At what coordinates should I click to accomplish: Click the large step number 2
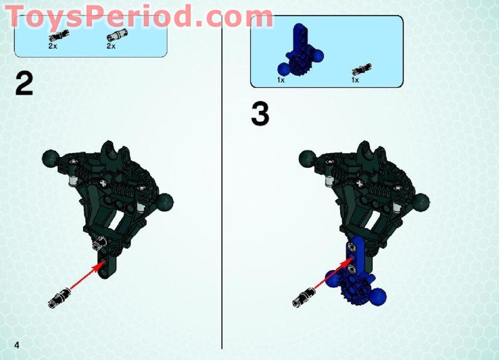pyautogui.click(x=24, y=84)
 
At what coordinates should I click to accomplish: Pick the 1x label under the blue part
pyautogui.click(x=281, y=81)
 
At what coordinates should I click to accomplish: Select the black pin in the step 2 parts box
pyautogui.click(x=55, y=37)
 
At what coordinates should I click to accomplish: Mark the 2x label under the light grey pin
pyautogui.click(x=111, y=47)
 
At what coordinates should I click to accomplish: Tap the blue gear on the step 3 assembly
pyautogui.click(x=352, y=291)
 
